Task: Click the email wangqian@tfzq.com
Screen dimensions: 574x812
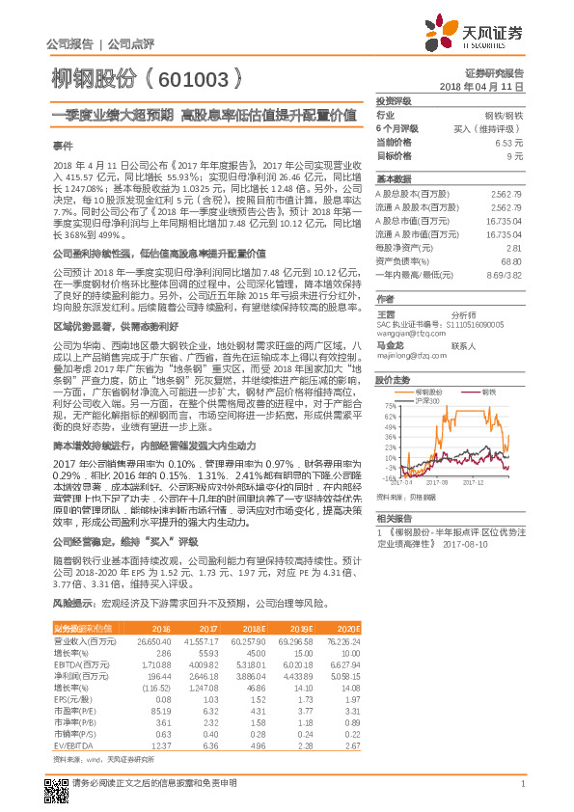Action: coord(407,334)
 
